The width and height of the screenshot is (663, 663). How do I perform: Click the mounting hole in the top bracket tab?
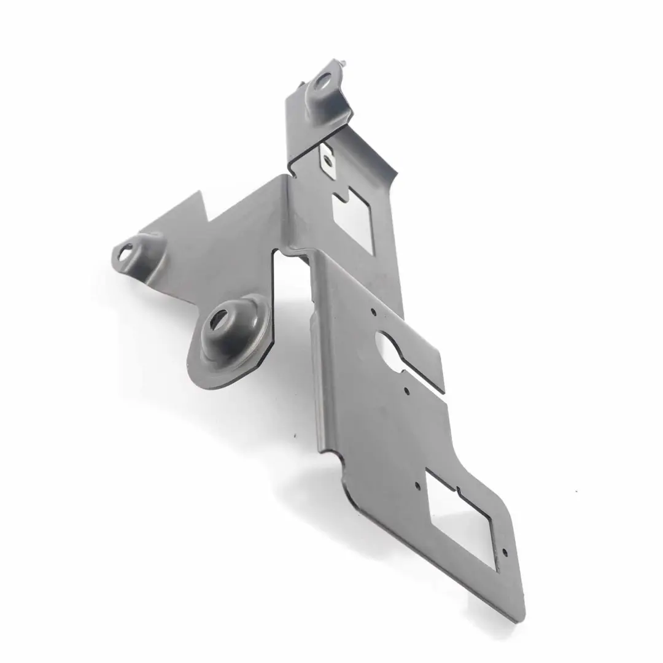321,82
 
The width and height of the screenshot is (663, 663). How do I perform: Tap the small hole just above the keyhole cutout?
373,312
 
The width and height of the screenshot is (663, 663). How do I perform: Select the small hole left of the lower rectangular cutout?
417,485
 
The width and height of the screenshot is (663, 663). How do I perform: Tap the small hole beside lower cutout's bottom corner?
505,552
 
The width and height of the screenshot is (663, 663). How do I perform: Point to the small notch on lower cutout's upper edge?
458,490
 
